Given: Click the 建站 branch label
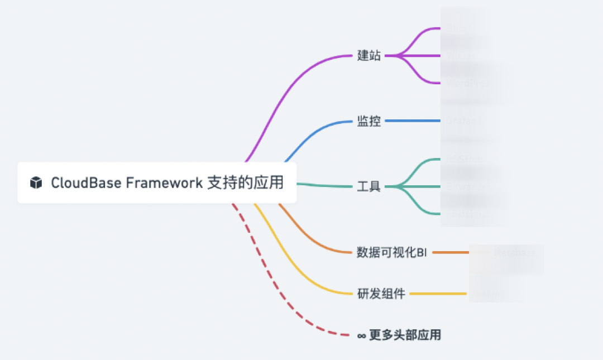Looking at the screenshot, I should pyautogui.click(x=368, y=56).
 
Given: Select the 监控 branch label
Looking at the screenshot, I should pyautogui.click(x=368, y=121).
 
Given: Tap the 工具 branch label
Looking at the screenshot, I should pyautogui.click(x=368, y=186).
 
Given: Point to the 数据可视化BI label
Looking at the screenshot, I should pyautogui.click(x=391, y=252).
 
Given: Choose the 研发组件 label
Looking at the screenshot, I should pyautogui.click(x=381, y=294).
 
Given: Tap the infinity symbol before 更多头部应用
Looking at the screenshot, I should pyautogui.click(x=361, y=335).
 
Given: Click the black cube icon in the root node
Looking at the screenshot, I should pyautogui.click(x=36, y=183).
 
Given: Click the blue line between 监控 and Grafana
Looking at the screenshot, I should pyautogui.click(x=413, y=121).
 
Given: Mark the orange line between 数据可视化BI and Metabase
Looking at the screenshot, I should pyautogui.click(x=450, y=252).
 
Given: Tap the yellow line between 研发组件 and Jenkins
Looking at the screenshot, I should pyautogui.click(x=438, y=294).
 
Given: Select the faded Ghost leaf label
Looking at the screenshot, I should pyautogui.click(x=457, y=28).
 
